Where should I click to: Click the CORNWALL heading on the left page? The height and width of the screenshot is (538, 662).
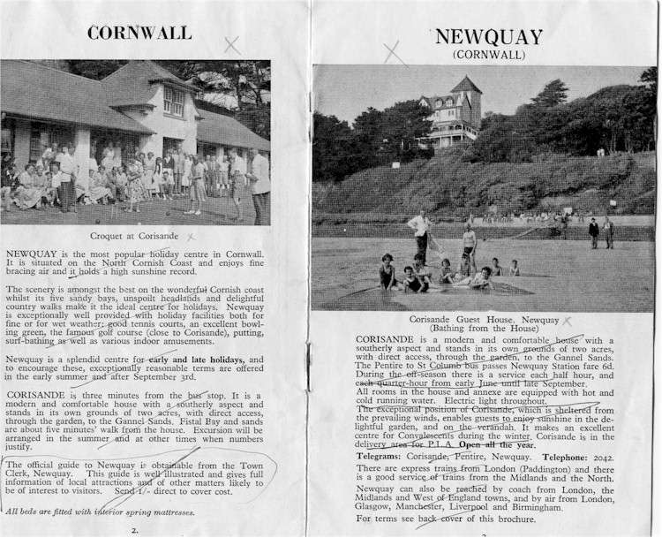139,33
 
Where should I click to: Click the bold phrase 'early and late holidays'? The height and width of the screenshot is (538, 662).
199,360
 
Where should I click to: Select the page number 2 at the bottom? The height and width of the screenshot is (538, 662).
134,531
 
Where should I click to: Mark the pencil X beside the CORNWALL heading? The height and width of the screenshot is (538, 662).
232,44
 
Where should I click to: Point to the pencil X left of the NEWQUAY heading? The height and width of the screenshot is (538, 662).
395,52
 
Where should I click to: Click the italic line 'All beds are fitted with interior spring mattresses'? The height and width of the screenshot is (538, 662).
112,511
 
